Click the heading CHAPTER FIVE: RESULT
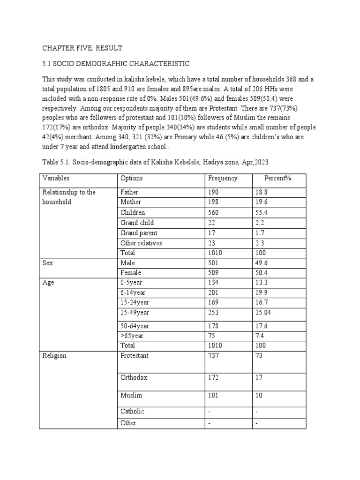(x=82, y=48)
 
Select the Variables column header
(x=55, y=179)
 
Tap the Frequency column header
(x=223, y=179)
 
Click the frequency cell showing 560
(x=214, y=212)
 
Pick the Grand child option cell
(x=137, y=223)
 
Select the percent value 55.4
(x=262, y=212)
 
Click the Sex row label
(x=48, y=263)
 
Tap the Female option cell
(x=131, y=273)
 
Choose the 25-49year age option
(x=136, y=313)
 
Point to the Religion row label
(x=54, y=356)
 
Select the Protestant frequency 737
(x=214, y=356)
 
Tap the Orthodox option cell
(x=134, y=377)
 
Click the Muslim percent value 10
(x=259, y=396)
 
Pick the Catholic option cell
(x=132, y=412)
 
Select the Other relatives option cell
(x=141, y=243)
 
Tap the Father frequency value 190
(x=214, y=192)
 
